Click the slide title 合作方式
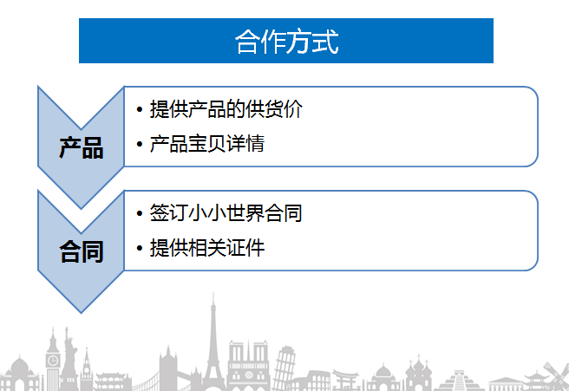(x=287, y=42)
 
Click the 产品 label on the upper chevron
(x=82, y=148)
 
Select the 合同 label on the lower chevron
(x=82, y=251)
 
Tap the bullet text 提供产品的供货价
(x=226, y=109)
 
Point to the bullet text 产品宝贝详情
(x=206, y=144)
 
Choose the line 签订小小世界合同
(x=226, y=213)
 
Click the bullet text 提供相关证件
(x=206, y=248)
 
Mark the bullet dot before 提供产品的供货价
(x=140, y=109)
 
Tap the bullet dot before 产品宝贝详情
(x=140, y=144)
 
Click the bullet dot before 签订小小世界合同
(x=140, y=213)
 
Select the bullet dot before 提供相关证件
(x=140, y=248)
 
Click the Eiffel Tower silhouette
(x=213, y=349)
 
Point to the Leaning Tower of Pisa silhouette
(x=283, y=367)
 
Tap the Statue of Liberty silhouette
(x=69, y=359)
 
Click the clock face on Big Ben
(x=53, y=361)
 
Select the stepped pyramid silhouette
(x=460, y=381)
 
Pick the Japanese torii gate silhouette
(x=344, y=380)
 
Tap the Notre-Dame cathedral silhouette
(x=249, y=364)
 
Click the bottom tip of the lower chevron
(x=81, y=313)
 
